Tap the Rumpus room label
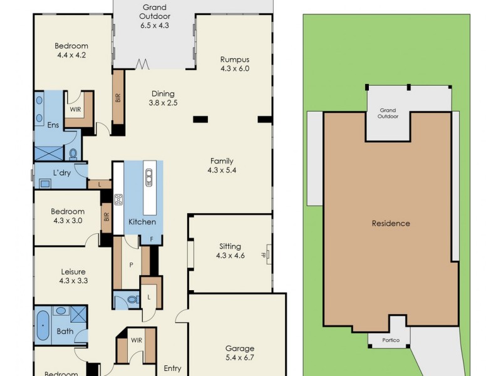tap(235, 64)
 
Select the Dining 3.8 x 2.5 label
tap(163, 98)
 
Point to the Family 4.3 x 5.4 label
tap(222, 165)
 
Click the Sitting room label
tap(230, 251)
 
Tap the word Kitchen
tap(142, 222)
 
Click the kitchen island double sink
tap(149, 179)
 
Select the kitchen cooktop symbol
tap(118, 201)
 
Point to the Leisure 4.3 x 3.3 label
tap(73, 276)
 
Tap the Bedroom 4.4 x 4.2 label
tap(71, 50)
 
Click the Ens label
tap(53, 125)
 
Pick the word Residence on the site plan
tap(391, 224)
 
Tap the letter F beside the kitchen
tap(151, 239)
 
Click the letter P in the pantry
tap(132, 265)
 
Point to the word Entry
tap(172, 369)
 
